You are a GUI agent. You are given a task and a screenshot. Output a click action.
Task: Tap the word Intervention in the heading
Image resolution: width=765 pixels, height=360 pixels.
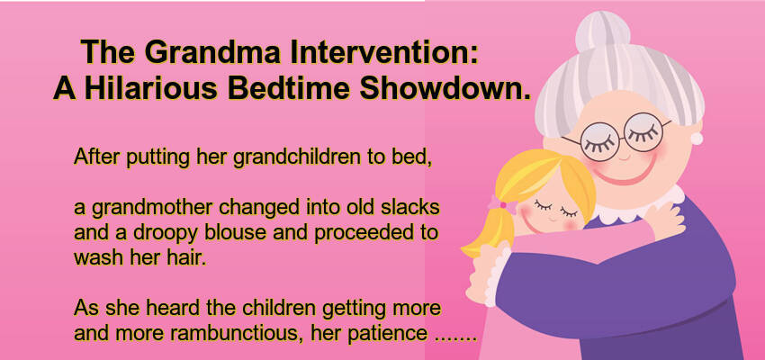coord(383,51)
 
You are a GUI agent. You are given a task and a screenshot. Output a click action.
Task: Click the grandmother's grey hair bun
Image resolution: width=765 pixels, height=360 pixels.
coord(603,31)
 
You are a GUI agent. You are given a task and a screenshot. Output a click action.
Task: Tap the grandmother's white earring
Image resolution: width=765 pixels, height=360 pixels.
coord(697,138)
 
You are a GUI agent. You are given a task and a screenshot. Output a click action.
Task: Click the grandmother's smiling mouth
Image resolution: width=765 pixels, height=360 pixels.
coord(629,173)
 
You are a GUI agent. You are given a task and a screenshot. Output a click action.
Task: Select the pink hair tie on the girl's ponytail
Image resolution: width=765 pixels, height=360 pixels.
coord(498,204)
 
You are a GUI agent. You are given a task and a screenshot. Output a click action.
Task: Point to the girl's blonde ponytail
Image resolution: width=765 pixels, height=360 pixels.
coord(484,233)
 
